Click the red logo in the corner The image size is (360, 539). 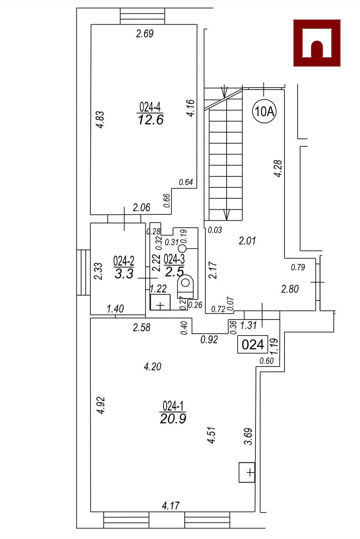[x=317, y=43]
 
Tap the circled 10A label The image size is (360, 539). [x=264, y=111]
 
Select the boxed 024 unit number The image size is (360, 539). [x=253, y=345]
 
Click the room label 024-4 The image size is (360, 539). [x=150, y=107]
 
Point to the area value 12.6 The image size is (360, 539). [x=151, y=120]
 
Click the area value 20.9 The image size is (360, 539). [x=173, y=419]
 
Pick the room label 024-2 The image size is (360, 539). [x=124, y=261]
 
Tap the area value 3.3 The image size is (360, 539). [x=124, y=274]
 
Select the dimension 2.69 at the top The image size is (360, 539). [x=145, y=34]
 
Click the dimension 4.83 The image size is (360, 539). [x=100, y=120]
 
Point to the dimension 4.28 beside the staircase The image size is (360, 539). [x=278, y=169]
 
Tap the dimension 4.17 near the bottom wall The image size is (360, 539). [x=171, y=506]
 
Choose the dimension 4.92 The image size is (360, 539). [x=101, y=405]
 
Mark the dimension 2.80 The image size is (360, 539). [x=290, y=289]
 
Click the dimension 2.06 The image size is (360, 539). [x=141, y=208]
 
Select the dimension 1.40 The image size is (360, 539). [x=115, y=309]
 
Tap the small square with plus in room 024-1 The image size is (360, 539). [x=247, y=472]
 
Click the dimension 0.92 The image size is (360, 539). [x=209, y=340]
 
